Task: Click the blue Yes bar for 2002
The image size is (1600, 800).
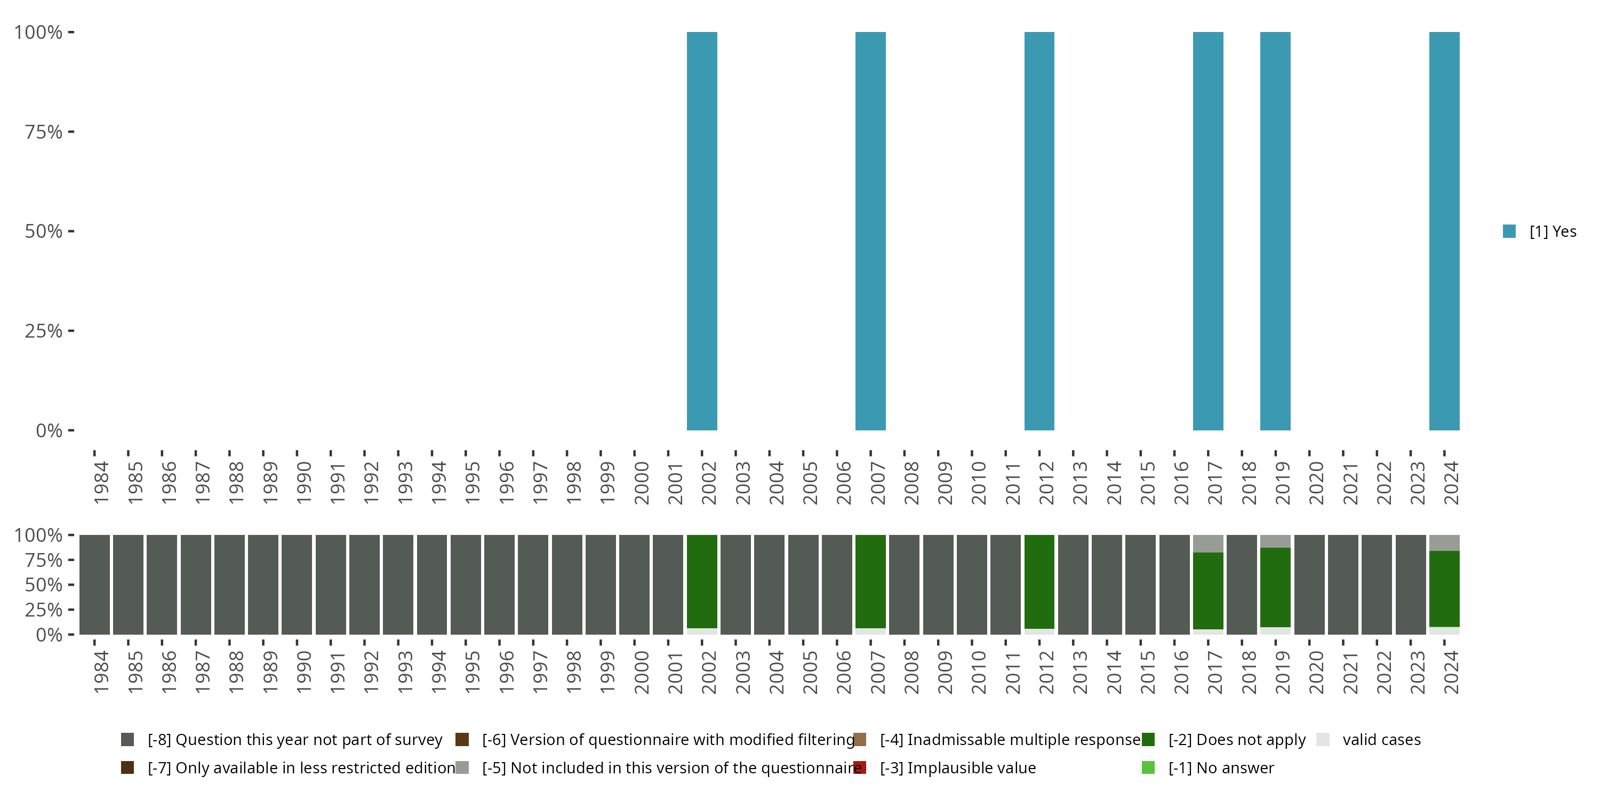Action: click(702, 231)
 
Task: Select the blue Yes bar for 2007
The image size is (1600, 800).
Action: click(870, 231)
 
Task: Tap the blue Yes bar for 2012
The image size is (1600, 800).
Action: click(1039, 231)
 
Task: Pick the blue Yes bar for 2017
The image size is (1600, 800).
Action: click(1208, 231)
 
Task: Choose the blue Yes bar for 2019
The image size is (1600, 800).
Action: click(1275, 231)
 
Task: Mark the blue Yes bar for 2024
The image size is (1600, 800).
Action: click(1444, 231)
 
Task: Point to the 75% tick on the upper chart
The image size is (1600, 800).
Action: click(44, 132)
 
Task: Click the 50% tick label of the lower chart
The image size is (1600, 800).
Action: click(44, 585)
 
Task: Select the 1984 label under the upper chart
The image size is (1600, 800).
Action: click(101, 483)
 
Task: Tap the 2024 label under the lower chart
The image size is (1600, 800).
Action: click(1451, 672)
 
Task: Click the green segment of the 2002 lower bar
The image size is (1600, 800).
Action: click(702, 581)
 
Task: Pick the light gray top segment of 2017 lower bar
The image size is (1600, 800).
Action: click(1208, 543)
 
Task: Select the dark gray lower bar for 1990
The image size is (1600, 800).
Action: click(297, 585)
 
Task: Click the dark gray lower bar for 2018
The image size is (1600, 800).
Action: click(1242, 585)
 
